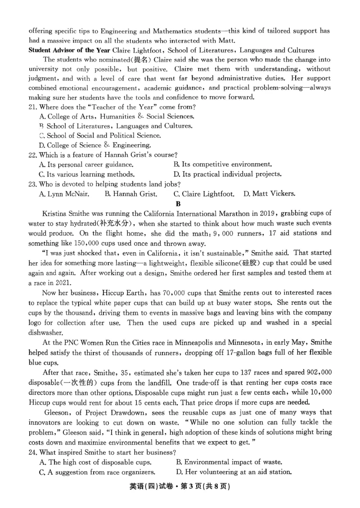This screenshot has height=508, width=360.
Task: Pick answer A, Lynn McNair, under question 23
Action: pyautogui.click(x=64, y=194)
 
